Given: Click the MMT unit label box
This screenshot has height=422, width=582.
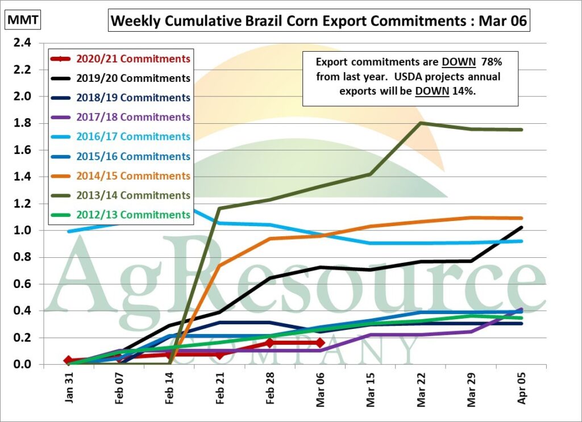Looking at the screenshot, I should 23,21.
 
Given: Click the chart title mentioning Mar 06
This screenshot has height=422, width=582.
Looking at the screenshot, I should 319,22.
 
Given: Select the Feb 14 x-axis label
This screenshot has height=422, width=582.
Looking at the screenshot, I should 171,390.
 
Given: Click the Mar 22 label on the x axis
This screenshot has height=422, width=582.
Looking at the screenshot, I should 421,390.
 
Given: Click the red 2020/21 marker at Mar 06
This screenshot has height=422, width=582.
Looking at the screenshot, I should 321,343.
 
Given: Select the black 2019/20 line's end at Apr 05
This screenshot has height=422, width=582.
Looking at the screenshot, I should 522,228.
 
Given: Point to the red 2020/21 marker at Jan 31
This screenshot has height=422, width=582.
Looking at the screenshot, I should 69,361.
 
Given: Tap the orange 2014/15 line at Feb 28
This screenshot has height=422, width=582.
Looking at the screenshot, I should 270,239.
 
